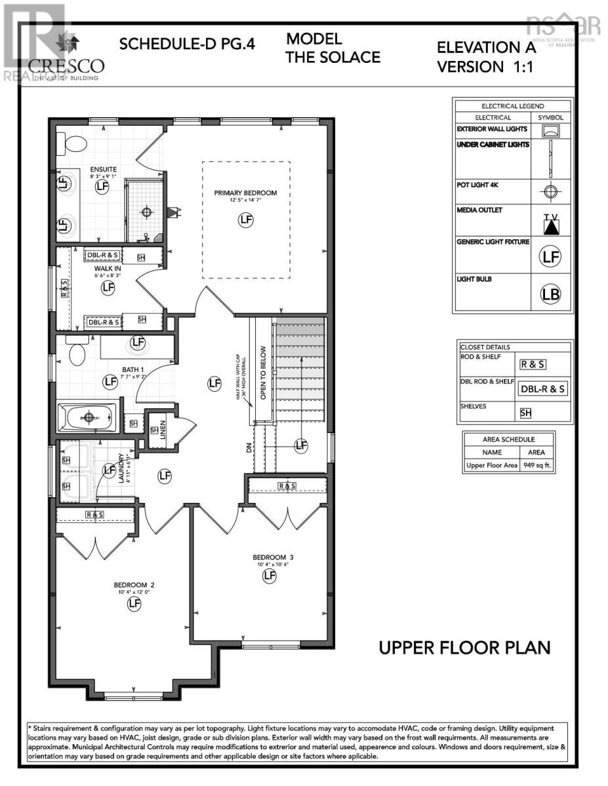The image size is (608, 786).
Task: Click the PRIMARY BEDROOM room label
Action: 245,193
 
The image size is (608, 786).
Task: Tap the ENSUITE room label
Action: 103,170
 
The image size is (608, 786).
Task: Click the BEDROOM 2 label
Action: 134,585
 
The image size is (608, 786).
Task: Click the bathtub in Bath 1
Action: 87,417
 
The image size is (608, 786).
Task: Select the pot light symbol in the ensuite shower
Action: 148,212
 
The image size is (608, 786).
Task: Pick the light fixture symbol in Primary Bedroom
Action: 245,220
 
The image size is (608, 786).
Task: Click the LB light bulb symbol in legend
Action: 550,294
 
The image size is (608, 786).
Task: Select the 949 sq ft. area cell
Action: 537,466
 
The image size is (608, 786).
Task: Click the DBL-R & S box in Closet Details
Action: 543,388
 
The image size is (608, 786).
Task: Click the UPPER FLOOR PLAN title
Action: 464,648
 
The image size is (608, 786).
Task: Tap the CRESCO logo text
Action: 66,65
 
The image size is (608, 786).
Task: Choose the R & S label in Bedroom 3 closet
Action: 287,485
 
